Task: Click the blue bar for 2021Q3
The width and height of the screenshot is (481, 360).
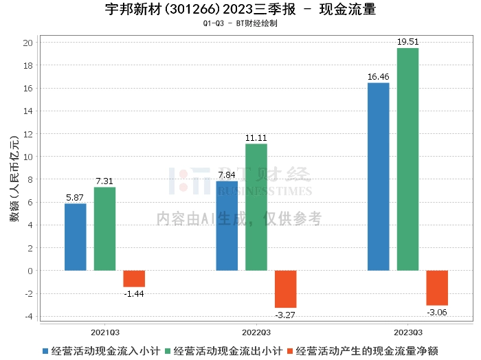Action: coord(76,237)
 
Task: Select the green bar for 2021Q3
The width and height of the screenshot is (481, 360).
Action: coord(104,229)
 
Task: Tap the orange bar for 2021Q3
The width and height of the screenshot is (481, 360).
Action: coord(134,278)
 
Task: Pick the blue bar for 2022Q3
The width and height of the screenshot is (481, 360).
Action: coord(227,226)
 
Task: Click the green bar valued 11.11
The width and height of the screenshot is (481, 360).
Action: coord(256,207)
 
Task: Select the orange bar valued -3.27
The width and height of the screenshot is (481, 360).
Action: coord(285,289)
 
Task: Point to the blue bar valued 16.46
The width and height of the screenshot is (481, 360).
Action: coord(378,177)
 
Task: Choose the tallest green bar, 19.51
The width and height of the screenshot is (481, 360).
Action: coord(407,159)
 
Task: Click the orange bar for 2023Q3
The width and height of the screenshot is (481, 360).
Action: coord(437,287)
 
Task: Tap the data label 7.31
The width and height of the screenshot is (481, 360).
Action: coord(104,181)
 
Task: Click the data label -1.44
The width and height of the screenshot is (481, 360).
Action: coord(134,293)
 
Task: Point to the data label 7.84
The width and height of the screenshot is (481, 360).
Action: coord(227,175)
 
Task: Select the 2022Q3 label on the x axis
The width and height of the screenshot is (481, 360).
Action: coord(256,330)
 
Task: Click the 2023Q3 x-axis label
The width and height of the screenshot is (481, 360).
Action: coord(407,330)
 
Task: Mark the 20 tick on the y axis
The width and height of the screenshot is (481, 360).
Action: coord(28,43)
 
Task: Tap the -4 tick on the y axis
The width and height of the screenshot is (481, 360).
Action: coord(28,316)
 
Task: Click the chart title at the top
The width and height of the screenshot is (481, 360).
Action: coord(240,10)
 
